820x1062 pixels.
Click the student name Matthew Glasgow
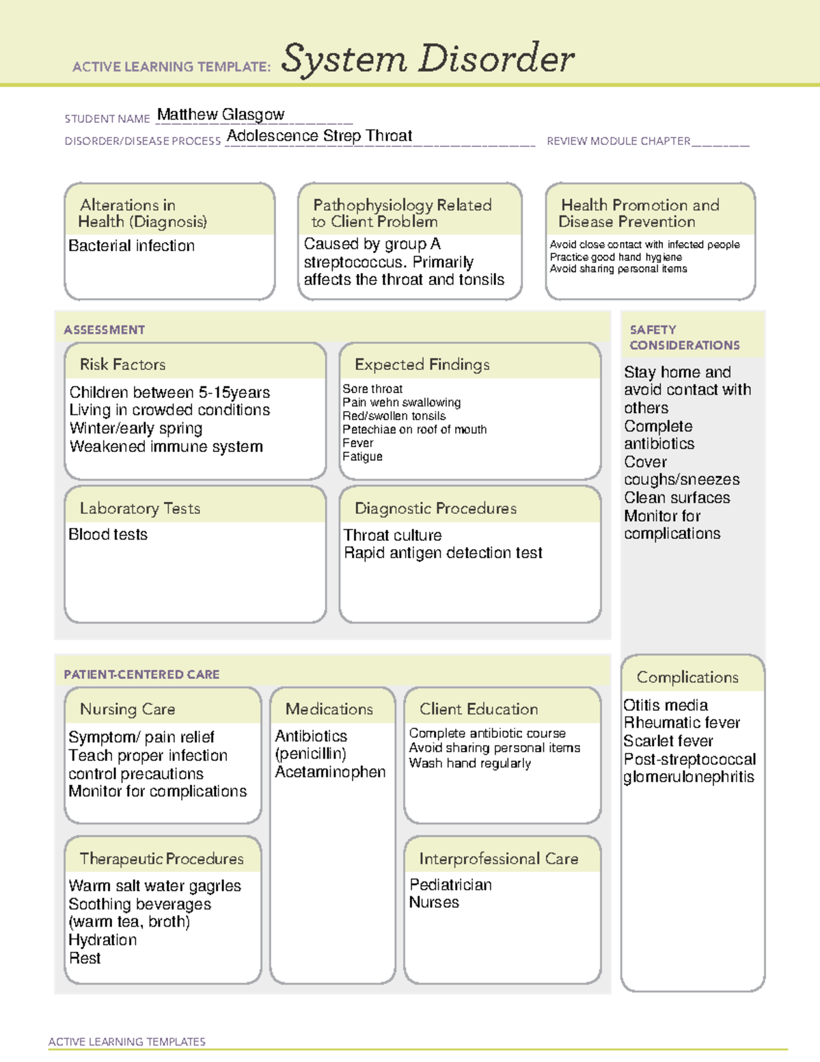click(x=221, y=115)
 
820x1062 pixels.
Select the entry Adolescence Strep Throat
click(x=319, y=136)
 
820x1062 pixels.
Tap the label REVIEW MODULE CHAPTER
click(x=618, y=142)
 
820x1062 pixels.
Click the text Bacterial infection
click(x=131, y=246)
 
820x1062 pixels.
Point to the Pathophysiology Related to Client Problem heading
click(x=402, y=213)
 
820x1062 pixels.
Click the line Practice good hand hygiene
click(x=616, y=257)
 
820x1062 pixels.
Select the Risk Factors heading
click(x=123, y=364)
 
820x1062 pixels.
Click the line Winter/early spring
click(x=136, y=429)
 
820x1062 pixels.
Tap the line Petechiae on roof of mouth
click(x=414, y=429)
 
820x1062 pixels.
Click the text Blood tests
click(x=108, y=535)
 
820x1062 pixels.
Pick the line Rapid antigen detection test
click(x=443, y=553)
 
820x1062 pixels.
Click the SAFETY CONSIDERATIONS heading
click(x=684, y=338)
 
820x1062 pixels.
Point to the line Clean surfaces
click(x=676, y=498)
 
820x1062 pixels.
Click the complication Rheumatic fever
click(x=681, y=723)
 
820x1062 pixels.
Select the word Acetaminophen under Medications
click(x=330, y=772)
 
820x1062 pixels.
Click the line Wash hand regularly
click(x=469, y=763)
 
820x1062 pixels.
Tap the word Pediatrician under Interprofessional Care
click(x=450, y=885)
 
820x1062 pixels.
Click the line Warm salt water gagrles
click(x=154, y=886)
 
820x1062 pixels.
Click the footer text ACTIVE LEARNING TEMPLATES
click(x=127, y=1041)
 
